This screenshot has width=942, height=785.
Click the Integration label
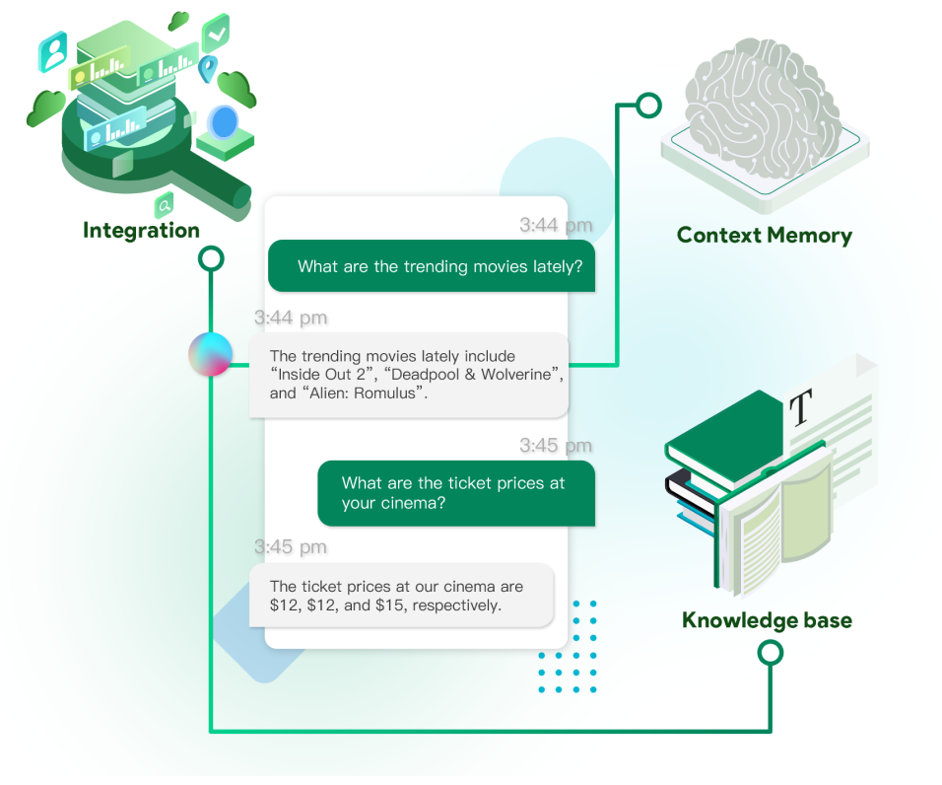pyautogui.click(x=141, y=231)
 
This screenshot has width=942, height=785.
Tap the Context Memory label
pyautogui.click(x=764, y=236)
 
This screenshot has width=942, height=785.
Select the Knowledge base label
pyautogui.click(x=767, y=620)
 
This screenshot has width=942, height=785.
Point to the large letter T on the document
pyautogui.click(x=802, y=406)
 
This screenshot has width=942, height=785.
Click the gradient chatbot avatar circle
pyautogui.click(x=210, y=355)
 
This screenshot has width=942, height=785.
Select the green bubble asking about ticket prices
pyautogui.click(x=455, y=493)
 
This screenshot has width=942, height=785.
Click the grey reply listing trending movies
pyautogui.click(x=408, y=375)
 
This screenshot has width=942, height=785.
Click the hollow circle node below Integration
pyautogui.click(x=211, y=259)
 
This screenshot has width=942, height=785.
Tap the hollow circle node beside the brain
pyautogui.click(x=647, y=104)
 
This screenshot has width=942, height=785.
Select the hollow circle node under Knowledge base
pyautogui.click(x=771, y=652)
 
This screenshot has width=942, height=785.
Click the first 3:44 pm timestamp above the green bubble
pyautogui.click(x=556, y=226)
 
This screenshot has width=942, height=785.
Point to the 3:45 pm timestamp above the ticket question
pyautogui.click(x=556, y=446)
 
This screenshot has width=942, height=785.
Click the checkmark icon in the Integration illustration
pyautogui.click(x=216, y=34)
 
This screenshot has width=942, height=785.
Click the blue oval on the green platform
pyautogui.click(x=225, y=123)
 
